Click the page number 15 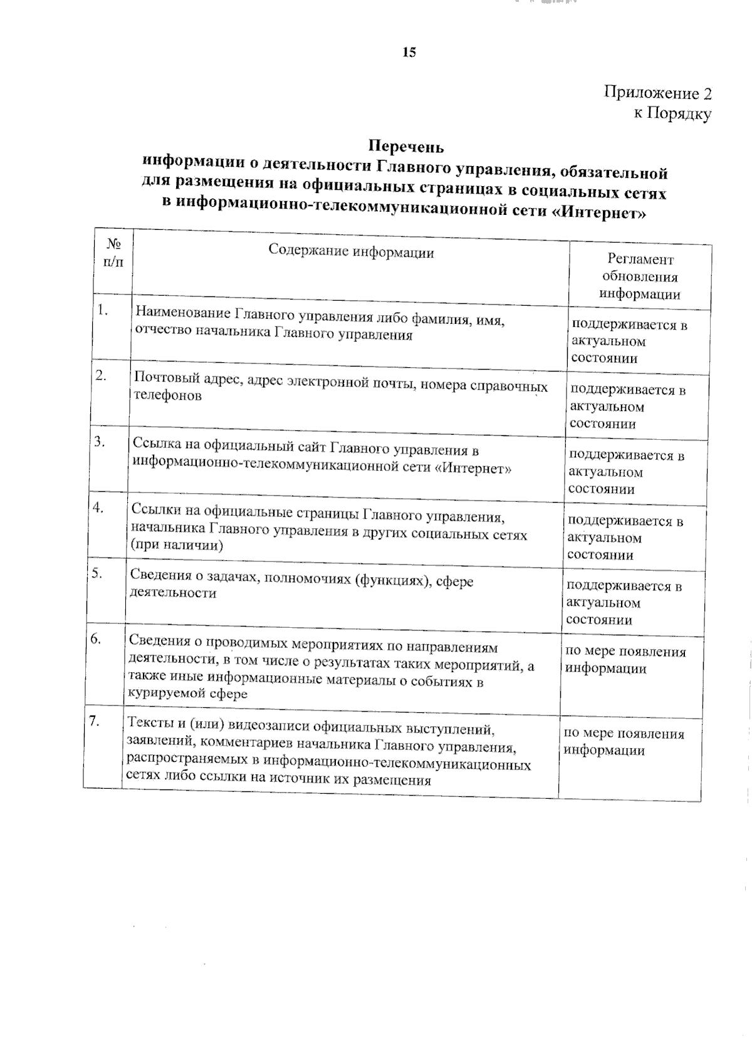(409, 53)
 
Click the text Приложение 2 (657, 93)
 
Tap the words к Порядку (672, 114)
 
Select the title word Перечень (406, 147)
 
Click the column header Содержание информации (351, 252)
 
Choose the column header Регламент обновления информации (640, 277)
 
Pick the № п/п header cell (113, 252)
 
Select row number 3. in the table (100, 441)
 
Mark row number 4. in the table (98, 508)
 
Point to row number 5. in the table (97, 573)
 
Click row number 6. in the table (96, 639)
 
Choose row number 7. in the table (94, 721)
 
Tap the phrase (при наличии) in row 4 (176, 545)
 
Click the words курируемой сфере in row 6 (187, 694)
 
